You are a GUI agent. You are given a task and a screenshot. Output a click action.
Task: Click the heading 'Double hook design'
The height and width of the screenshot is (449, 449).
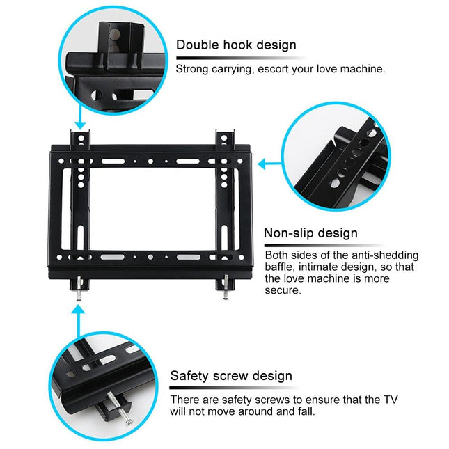tap(236, 45)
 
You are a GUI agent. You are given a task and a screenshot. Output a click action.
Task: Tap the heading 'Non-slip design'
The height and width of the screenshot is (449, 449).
tap(310, 233)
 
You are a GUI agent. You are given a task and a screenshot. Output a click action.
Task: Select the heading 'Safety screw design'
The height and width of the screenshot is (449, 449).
tap(231, 376)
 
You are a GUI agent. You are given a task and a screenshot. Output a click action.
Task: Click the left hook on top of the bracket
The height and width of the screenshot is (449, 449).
tap(81, 139)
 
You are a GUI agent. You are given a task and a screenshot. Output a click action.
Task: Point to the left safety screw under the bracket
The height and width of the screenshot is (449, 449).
tap(80, 292)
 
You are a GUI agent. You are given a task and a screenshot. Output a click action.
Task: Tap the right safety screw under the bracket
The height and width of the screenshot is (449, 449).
tap(224, 292)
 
